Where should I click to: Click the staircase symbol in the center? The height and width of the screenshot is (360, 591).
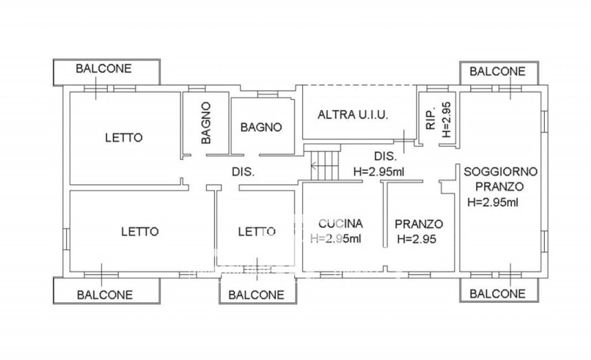[x=325, y=165]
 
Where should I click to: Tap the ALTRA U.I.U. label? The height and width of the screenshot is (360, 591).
[x=353, y=114]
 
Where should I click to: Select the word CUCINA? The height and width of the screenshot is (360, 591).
[x=341, y=224]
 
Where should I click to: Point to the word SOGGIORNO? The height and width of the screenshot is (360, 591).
[x=500, y=171]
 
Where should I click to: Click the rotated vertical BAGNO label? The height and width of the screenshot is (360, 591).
[x=206, y=123]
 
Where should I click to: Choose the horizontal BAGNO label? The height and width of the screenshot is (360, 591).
[x=261, y=127]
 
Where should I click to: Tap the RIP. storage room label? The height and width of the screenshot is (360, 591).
[x=431, y=118]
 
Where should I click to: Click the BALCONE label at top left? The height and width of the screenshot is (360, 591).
[x=104, y=69]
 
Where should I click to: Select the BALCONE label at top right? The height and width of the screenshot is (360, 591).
[x=497, y=72]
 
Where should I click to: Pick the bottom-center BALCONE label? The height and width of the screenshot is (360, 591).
[x=257, y=295]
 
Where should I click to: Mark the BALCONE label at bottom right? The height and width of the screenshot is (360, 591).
[x=497, y=294]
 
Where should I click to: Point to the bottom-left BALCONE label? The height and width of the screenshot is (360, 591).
[x=105, y=295]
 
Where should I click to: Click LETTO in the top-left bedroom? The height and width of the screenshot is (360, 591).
[x=124, y=138]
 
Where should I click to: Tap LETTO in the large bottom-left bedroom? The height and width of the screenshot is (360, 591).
[x=140, y=231]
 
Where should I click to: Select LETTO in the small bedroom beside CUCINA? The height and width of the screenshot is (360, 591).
[x=257, y=231]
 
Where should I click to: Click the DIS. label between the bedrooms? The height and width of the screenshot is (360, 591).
[x=243, y=172]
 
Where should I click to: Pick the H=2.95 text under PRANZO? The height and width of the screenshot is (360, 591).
[x=416, y=239]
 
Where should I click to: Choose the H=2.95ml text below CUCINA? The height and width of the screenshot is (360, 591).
[x=336, y=238]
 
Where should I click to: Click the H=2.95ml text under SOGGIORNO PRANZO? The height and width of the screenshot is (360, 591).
[x=493, y=202]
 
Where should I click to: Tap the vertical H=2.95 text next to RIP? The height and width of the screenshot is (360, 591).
[x=446, y=120]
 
